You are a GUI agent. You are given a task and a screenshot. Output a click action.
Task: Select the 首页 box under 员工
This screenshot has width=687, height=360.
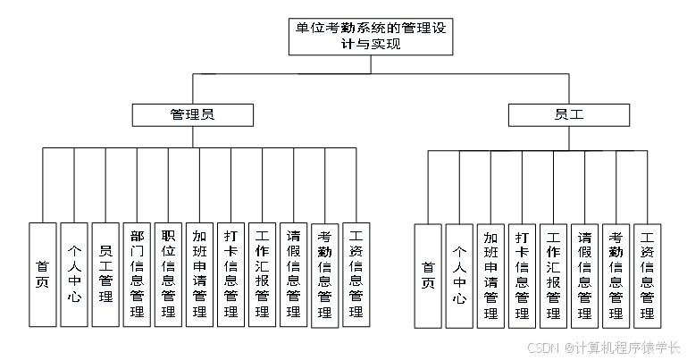[428, 274]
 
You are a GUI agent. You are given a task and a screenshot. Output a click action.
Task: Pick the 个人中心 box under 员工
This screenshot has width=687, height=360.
[459, 274]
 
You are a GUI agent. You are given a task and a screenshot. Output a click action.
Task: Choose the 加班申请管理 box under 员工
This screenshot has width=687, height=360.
[490, 274]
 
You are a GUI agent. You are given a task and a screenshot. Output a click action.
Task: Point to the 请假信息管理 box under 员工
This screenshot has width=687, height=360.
[584, 274]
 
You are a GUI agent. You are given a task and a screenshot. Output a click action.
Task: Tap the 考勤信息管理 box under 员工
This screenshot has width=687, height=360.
[616, 274]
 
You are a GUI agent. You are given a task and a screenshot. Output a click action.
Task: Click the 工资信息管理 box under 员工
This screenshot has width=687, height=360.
[647, 274]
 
